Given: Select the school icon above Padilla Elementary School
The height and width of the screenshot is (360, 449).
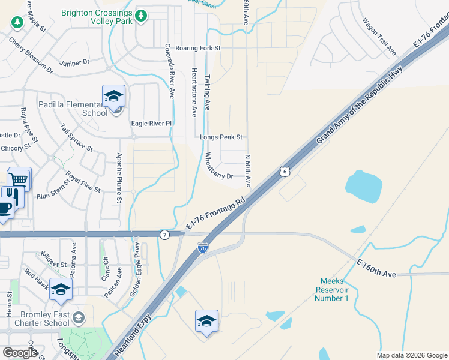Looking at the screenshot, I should [x=113, y=95].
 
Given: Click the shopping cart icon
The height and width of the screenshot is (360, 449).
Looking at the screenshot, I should [x=19, y=178].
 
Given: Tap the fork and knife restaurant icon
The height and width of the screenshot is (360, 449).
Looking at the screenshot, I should [x=12, y=196].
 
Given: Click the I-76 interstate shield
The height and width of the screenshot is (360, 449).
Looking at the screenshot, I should [x=203, y=247].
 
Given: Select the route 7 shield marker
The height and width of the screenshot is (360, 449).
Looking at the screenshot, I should [x=164, y=234].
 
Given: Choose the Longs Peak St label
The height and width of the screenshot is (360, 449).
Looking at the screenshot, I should [x=221, y=137].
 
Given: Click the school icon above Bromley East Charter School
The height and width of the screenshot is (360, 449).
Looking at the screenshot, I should [x=61, y=290].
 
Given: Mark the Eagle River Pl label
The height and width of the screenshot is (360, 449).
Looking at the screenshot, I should [x=151, y=124].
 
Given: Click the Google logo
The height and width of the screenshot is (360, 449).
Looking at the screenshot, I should [x=20, y=352].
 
